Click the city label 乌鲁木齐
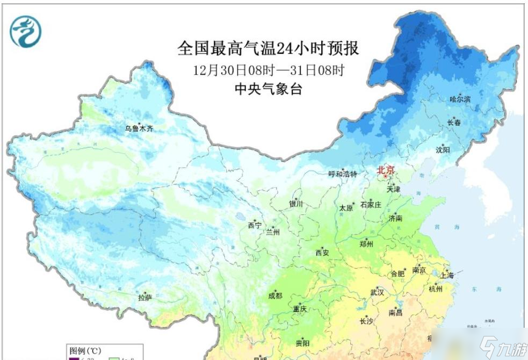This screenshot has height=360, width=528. click(140, 129)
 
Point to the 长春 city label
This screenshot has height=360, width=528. click(454, 123)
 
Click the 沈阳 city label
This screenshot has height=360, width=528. click(443, 149)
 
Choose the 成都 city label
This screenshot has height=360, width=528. click(276, 296)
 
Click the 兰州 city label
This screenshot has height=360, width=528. click(272, 233)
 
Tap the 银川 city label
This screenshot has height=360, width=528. click(296, 204)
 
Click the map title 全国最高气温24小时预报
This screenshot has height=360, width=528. click(268, 49)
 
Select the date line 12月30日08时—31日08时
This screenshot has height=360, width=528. click(268, 70)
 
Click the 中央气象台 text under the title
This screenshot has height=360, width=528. click(268, 89)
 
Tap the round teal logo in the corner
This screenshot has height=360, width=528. click(25, 31)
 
